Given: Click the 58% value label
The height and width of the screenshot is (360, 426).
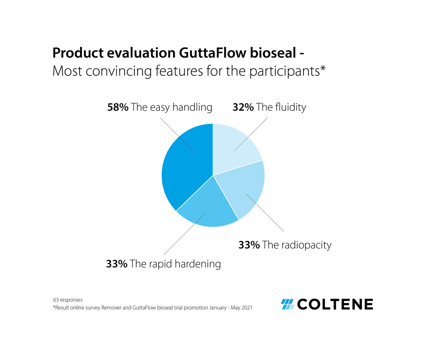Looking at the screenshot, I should coord(118,107).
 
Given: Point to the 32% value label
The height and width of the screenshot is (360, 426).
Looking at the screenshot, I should coord(243,107).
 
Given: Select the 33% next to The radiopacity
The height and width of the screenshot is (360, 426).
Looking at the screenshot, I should coord(249,244).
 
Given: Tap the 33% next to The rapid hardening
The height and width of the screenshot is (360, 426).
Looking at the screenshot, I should coord(117,264).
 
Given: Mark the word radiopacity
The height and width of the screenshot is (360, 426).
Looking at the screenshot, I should coord(306,245).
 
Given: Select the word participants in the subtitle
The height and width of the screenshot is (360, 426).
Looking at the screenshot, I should coord(284,72).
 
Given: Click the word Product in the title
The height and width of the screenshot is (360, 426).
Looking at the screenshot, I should coord(75,53).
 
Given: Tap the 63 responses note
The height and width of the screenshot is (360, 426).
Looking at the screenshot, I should coord(68,300).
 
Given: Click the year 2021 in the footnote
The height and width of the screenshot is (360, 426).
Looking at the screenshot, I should coord(246,308).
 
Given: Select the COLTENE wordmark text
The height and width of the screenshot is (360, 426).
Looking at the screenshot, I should coord(335,304).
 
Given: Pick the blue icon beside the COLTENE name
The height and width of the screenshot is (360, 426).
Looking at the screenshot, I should coord(287,304).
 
